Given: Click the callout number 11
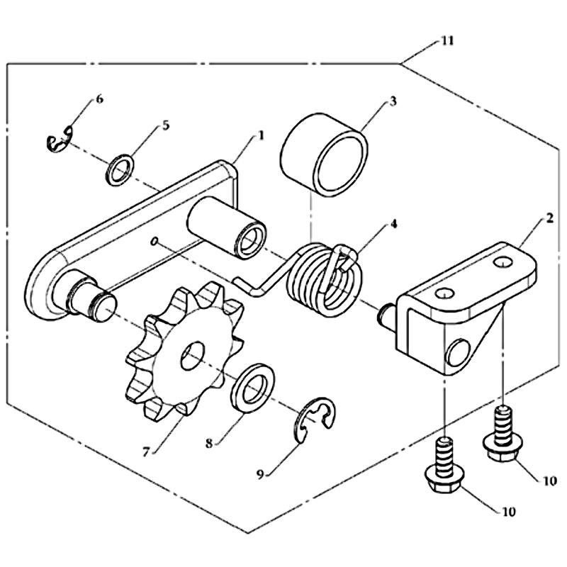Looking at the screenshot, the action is pos(447,40).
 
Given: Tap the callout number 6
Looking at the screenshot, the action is pos(99,99).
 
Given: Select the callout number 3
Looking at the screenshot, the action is pos(393,101).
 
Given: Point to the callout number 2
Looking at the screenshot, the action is pos(549,218).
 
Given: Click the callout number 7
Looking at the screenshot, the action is pos(146,451).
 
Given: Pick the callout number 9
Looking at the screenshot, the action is pos(260,474).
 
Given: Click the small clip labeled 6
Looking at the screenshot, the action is pos(59,139).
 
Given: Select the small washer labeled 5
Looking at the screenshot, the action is pos(118,170).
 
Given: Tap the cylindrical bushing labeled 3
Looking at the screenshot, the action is pos(325,155).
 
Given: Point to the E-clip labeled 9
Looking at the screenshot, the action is pos(315,420).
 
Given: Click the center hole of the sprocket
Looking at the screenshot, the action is pos(193,356).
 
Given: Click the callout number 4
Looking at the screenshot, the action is pos(393,224).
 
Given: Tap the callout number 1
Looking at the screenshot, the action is pos(260,135).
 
